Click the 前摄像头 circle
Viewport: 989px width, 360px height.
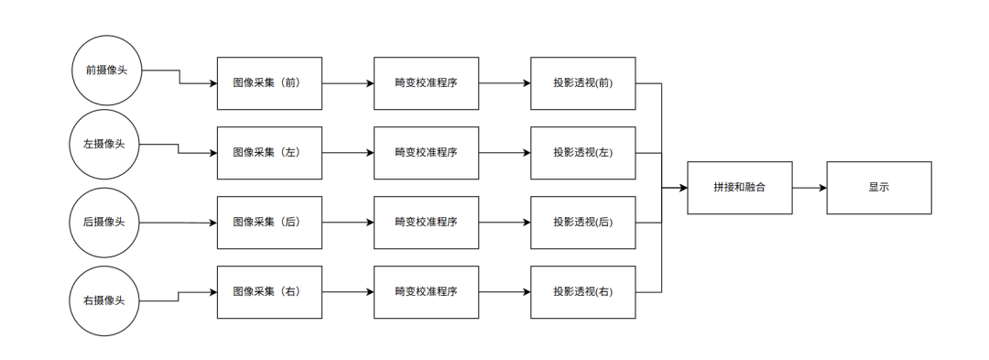pyautogui.click(x=105, y=71)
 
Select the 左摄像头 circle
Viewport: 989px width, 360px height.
pyautogui.click(x=105, y=145)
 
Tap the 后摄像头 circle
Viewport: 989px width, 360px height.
pyautogui.click(x=105, y=222)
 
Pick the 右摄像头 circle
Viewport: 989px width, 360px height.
pyautogui.click(x=105, y=300)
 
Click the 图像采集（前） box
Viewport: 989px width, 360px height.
pyautogui.click(x=269, y=82)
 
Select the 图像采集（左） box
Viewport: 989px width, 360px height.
pyautogui.click(x=269, y=152)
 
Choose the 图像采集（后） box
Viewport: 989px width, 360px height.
pyautogui.click(x=269, y=222)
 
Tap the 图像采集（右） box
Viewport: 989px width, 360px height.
pyautogui.click(x=269, y=291)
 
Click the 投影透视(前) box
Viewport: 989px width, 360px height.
pyautogui.click(x=582, y=82)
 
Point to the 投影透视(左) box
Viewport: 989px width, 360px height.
pyautogui.click(x=582, y=152)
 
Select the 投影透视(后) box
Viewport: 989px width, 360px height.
pyautogui.click(x=582, y=222)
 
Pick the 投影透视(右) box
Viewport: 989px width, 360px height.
pyautogui.click(x=582, y=291)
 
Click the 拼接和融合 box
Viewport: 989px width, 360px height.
pyautogui.click(x=740, y=187)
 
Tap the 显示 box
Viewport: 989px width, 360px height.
pyautogui.click(x=879, y=187)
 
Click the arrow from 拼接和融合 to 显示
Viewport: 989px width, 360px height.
pyautogui.click(x=810, y=187)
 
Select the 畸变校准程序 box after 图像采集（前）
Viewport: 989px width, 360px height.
pyautogui.click(x=426, y=82)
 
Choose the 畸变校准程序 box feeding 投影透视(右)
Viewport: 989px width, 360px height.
pyautogui.click(x=426, y=291)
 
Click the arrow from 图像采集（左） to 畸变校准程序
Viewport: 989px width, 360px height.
pyautogui.click(x=348, y=152)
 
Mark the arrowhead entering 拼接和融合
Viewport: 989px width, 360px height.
pyautogui.click(x=683, y=187)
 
